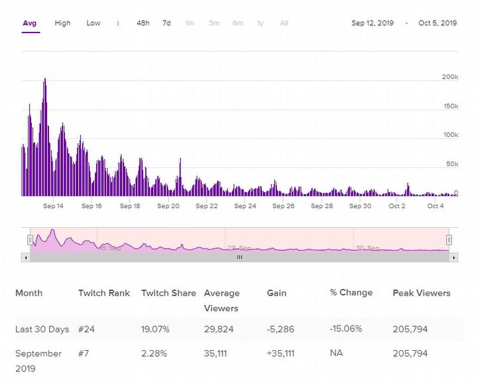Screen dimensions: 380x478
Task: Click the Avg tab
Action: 29,23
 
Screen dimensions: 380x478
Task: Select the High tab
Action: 62,23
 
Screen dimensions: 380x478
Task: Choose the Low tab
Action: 94,23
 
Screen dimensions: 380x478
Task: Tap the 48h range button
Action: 143,23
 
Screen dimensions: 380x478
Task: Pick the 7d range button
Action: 167,23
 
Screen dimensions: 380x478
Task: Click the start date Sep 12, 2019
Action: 372,23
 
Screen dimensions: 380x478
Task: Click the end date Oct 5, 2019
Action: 438,23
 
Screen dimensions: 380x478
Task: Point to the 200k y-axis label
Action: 450,77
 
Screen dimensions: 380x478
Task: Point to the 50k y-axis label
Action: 451,164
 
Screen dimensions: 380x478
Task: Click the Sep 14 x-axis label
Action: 53,206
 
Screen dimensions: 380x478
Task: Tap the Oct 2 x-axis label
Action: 397,206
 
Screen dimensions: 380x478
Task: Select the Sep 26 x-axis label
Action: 283,206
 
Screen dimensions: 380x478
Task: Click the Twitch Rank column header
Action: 104,293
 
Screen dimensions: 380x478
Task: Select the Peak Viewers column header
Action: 422,293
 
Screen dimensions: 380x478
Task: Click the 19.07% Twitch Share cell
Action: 156,330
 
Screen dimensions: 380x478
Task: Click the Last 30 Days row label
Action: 42,330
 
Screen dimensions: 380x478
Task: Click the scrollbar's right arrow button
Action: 454,257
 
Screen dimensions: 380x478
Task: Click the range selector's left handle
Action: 30,239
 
